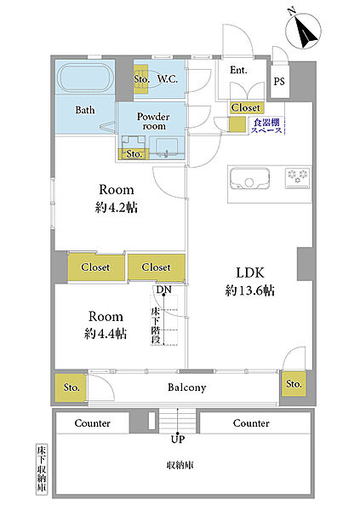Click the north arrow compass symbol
[x=303, y=31]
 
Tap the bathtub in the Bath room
[x=85, y=78]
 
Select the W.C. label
[x=167, y=78]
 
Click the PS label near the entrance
[x=279, y=81]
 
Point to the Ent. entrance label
[x=238, y=70]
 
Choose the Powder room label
[x=153, y=121]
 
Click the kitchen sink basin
[x=249, y=179]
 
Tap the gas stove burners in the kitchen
[x=297, y=178]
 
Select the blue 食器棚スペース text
[x=266, y=126]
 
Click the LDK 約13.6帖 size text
[x=250, y=281]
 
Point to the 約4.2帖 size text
[x=117, y=207]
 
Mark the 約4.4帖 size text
[x=106, y=333]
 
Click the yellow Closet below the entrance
[x=246, y=107]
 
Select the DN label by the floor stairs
[x=163, y=290]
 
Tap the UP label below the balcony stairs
[x=178, y=439]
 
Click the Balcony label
[x=186, y=388]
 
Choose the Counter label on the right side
[x=251, y=423]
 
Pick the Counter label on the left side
[x=92, y=423]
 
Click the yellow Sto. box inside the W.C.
[x=140, y=78]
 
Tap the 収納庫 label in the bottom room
[x=180, y=465]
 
